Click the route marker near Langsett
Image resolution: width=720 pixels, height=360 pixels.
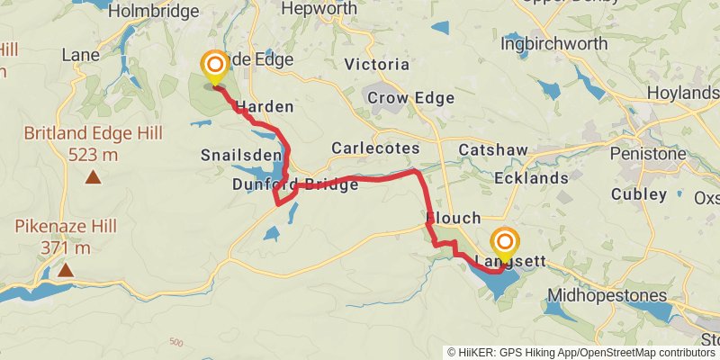(506, 242)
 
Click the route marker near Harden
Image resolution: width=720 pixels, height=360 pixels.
(214, 66)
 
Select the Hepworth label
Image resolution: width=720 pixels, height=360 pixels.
(319, 8)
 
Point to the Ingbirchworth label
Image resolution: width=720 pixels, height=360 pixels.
(550, 42)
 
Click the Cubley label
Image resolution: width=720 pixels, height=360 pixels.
(639, 194)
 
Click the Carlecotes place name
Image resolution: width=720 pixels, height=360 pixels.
(375, 148)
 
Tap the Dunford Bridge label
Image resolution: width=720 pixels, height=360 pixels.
(295, 184)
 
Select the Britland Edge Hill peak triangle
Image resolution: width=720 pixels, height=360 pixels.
(93, 177)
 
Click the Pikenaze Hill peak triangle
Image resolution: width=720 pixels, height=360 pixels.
(65, 269)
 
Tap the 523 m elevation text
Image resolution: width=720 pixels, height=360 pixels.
(94, 154)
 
